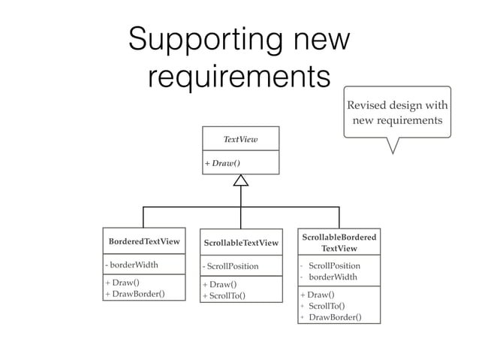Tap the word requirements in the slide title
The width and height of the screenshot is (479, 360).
click(x=239, y=75)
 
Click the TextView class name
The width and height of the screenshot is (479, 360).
click(x=240, y=139)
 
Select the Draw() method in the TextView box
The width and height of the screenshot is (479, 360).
click(x=223, y=163)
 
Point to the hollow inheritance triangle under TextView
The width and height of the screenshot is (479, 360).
click(x=240, y=180)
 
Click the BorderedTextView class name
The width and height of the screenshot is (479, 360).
click(x=144, y=241)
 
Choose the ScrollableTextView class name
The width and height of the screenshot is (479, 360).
click(x=241, y=243)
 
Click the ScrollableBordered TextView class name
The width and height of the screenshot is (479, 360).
click(x=339, y=243)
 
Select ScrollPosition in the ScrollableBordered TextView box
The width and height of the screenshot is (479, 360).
click(x=334, y=265)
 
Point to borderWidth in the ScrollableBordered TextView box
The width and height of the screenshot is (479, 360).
click(x=333, y=277)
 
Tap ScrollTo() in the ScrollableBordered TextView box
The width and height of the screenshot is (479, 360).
click(x=327, y=306)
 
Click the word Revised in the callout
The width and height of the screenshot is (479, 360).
click(x=369, y=105)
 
